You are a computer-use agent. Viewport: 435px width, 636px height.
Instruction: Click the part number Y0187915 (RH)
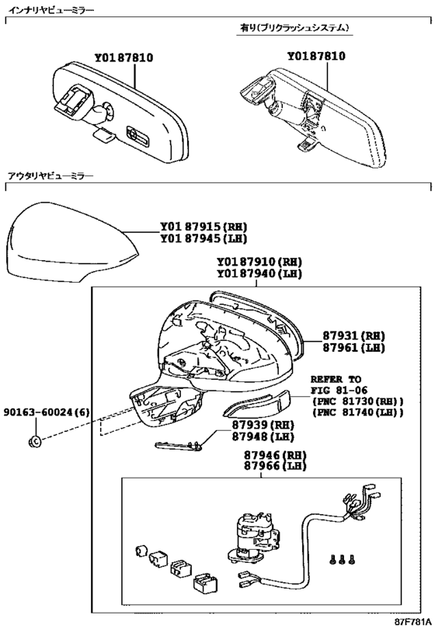204,227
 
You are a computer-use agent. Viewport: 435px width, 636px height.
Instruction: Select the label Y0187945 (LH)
204,238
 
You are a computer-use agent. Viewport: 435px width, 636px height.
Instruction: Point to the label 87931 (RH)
353,335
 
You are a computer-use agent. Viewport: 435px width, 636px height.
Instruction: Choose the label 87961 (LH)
353,348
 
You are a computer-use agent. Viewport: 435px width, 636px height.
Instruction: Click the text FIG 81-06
339,391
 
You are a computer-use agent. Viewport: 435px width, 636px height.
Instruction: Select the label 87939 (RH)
263,425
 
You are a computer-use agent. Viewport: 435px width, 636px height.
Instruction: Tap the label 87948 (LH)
263,437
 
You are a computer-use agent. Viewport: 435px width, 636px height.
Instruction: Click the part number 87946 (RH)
275,455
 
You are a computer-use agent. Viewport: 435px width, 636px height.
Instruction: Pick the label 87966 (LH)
275,467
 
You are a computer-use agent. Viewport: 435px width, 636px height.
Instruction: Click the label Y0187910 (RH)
259,262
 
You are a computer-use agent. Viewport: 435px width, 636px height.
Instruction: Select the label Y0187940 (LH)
259,274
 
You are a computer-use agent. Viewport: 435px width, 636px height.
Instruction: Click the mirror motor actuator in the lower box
252,537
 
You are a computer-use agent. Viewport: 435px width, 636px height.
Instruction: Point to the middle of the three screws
342,559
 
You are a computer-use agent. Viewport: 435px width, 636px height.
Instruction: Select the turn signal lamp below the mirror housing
257,405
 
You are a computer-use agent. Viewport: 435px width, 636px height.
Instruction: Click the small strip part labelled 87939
179,446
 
